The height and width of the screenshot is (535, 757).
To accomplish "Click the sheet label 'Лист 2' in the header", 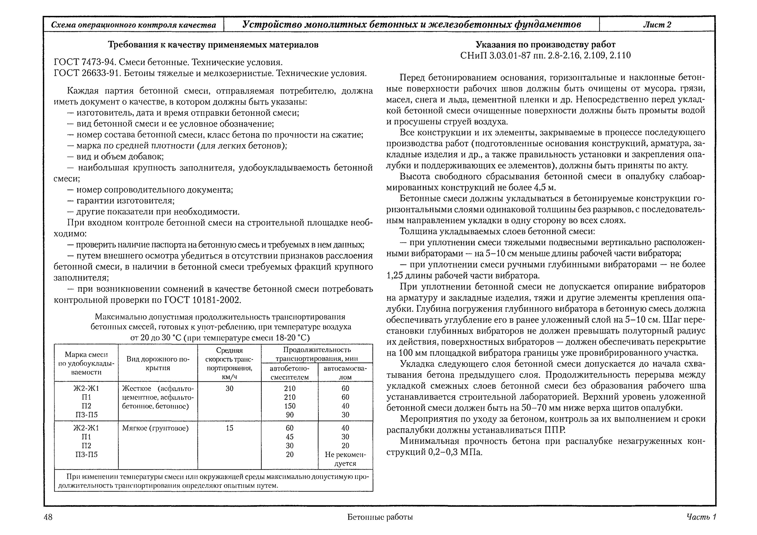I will click(657, 25).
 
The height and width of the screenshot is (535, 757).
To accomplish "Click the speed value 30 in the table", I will click(229, 388).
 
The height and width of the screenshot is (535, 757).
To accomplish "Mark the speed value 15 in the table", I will click(229, 428).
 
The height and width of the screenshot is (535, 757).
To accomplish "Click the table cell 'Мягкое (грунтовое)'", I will click(155, 428).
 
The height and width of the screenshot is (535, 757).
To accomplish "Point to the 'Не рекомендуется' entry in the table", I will click(345, 459).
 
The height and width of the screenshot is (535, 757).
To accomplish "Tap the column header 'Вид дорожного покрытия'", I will click(158, 363).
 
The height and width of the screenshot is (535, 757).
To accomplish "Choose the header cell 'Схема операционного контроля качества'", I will click(133, 25).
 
